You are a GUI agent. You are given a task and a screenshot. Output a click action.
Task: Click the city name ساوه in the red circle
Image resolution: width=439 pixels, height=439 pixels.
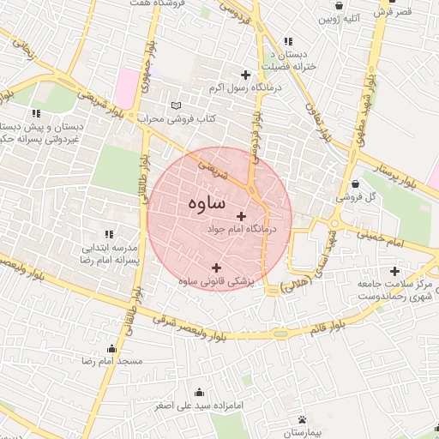pos(205,203)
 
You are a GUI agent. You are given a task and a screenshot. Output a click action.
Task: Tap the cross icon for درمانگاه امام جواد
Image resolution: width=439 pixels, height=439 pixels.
pos(240,217)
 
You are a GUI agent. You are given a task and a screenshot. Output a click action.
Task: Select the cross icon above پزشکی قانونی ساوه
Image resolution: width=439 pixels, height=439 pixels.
pos(216,268)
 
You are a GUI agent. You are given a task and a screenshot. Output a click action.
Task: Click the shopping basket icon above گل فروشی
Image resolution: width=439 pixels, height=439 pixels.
pos(355,183)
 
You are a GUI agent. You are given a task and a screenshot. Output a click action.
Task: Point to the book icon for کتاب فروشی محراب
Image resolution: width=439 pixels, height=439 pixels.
pos(177,105)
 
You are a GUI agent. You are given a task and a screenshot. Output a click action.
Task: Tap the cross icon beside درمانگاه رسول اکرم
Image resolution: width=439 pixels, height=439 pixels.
pos(247,75)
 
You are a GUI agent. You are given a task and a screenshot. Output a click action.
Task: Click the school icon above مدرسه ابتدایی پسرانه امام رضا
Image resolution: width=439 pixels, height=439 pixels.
pos(108,233)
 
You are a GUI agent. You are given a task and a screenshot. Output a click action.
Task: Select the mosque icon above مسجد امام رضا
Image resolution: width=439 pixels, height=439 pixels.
pos(111,349)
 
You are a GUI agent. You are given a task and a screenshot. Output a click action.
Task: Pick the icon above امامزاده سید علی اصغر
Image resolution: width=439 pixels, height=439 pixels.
pos(199,392)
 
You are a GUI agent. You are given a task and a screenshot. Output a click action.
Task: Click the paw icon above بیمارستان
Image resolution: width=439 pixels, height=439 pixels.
pos(302,419)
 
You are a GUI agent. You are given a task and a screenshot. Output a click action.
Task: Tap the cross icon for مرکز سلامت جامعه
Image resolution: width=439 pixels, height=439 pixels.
pos(394,271)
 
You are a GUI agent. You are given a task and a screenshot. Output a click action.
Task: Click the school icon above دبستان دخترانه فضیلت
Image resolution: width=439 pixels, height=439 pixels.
pos(287,40)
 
